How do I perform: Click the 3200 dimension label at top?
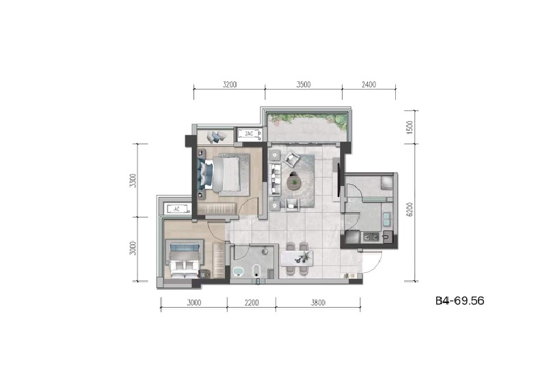coord(229,85)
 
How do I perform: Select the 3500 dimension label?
coord(304,85)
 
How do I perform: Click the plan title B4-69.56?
coord(459,300)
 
